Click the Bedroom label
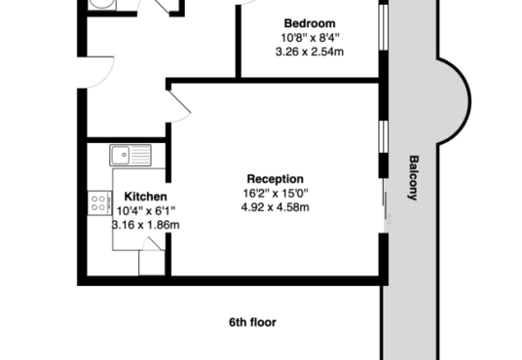310,23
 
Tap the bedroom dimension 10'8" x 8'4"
310,38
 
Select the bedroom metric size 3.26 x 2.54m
310,52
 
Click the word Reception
275,179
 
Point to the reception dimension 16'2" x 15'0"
276,193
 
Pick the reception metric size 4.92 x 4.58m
275,207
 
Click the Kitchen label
145,197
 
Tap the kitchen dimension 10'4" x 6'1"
146,210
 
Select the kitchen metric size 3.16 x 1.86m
145,225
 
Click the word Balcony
413,178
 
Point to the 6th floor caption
252,322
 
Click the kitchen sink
130,155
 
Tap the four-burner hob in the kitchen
99,203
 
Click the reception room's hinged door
178,106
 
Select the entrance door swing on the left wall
95,73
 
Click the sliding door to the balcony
386,205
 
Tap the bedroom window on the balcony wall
384,27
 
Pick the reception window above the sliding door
384,137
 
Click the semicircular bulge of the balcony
455,101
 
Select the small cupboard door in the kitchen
152,244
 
